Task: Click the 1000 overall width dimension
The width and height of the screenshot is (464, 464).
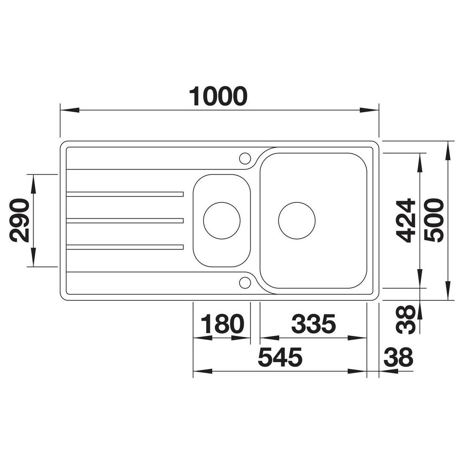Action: tap(218, 97)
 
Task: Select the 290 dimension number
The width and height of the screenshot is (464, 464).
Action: tap(19, 220)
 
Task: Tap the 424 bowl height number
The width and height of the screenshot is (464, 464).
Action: tap(406, 220)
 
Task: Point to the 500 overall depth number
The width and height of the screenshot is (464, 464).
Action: tap(434, 220)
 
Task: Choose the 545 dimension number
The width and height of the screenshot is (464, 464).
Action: tap(280, 357)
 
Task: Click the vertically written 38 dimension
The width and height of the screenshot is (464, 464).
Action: tap(406, 320)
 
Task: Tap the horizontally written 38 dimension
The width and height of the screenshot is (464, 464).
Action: tap(398, 357)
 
